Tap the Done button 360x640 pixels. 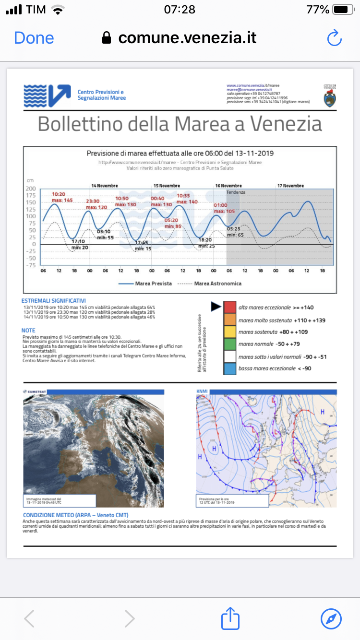click(34, 38)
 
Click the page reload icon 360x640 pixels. click(334, 38)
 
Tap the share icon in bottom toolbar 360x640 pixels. click(230, 618)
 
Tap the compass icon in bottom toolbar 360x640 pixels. click(331, 618)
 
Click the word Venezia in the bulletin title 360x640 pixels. click(287, 124)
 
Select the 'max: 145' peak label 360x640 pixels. click(62, 200)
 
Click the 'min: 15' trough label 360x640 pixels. click(143, 249)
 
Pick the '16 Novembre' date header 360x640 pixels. click(228, 186)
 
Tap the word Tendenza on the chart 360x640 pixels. click(236, 192)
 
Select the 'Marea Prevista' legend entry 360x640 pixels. click(153, 284)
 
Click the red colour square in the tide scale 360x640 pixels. click(230, 307)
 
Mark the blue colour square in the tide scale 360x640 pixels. click(230, 368)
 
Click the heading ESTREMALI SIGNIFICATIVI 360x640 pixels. click(53, 300)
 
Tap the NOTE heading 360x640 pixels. click(28, 331)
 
